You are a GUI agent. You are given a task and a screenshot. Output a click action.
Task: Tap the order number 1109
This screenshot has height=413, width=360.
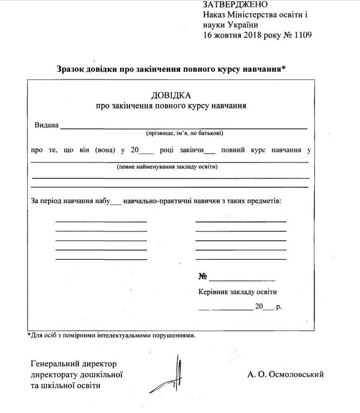(302, 35)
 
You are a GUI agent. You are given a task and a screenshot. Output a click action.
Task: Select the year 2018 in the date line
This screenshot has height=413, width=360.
(255, 35)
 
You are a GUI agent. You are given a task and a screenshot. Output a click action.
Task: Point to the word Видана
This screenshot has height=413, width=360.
(46, 125)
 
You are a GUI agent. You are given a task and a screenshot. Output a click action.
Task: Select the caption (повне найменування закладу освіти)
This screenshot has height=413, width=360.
(167, 166)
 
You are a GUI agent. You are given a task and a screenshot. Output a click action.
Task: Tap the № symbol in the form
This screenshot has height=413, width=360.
(203, 277)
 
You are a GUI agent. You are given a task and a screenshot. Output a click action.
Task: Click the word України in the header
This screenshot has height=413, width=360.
(237, 24)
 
